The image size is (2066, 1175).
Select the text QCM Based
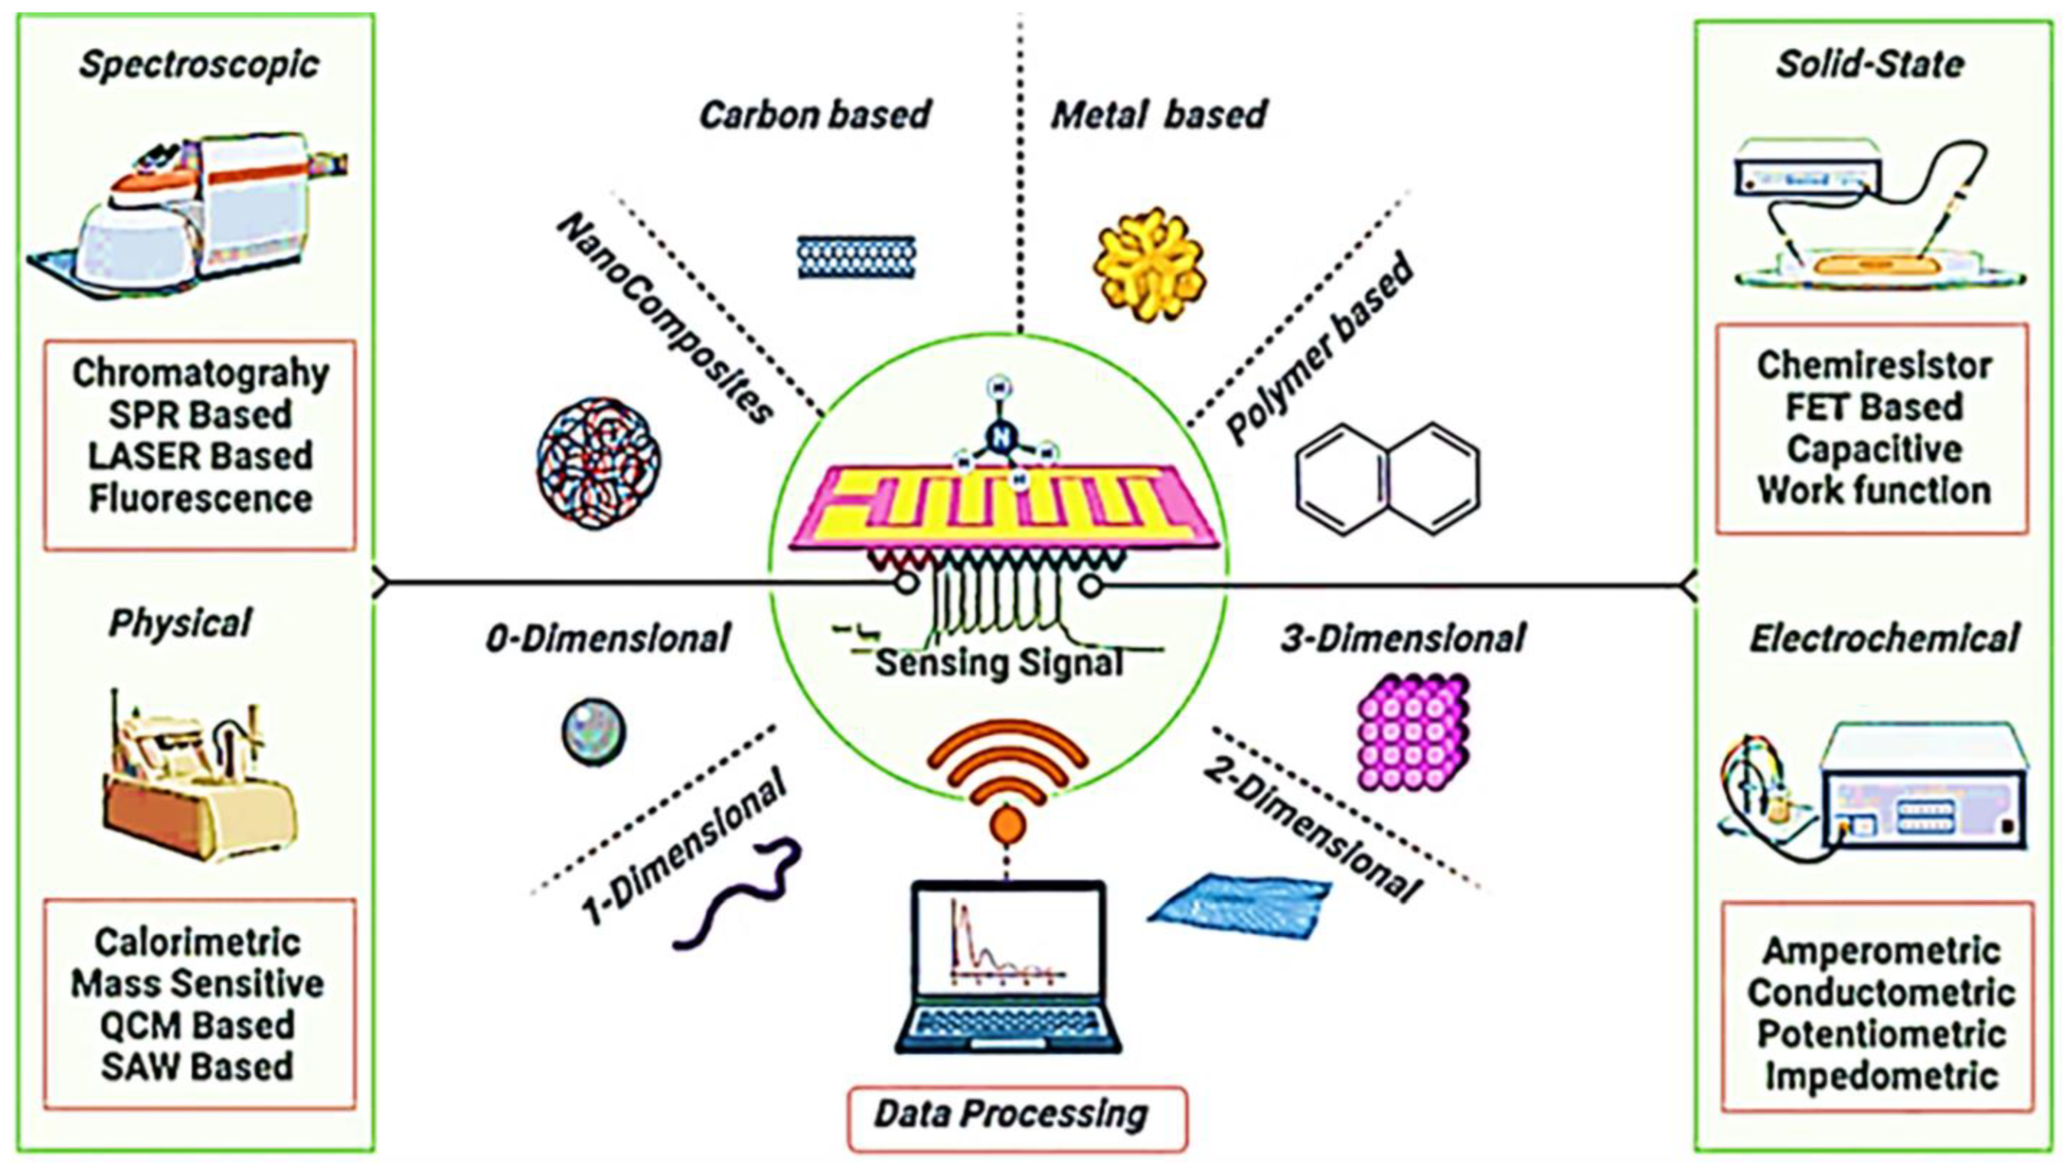[x=197, y=1026]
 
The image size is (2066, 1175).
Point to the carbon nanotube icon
[x=856, y=257]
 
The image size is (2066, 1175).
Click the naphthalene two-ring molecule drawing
[x=1387, y=478]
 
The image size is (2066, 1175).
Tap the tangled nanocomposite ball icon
[x=598, y=463]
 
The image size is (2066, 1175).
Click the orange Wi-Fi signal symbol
[x=1007, y=774]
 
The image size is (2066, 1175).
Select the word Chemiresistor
[x=1873, y=366]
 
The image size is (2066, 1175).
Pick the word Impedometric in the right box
[x=1881, y=1076]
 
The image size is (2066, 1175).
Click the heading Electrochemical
[x=1884, y=638]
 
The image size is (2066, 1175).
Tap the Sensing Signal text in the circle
[x=999, y=664]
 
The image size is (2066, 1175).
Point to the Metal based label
[x=1158, y=114]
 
